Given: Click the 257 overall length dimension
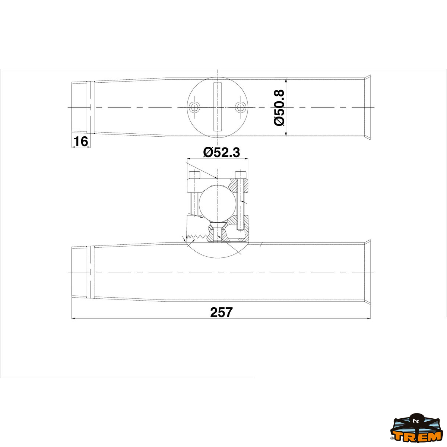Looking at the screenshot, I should tap(221, 312).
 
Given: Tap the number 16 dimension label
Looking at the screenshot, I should tap(80, 142).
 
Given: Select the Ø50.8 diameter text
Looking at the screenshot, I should tap(279, 108).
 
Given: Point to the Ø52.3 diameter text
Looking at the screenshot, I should tap(221, 152).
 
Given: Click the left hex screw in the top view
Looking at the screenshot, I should tap(194, 108).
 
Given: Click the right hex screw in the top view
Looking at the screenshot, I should tap(240, 108).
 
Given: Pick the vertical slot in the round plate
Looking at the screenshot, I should tap(217, 107).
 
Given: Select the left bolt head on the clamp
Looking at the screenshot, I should tap(194, 175).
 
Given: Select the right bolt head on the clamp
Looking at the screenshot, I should tap(241, 175).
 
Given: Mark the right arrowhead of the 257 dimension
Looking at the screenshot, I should tap(369, 318).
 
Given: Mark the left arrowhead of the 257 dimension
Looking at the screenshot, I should tap(73, 318).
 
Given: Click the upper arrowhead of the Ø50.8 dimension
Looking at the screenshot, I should tap(286, 80).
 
